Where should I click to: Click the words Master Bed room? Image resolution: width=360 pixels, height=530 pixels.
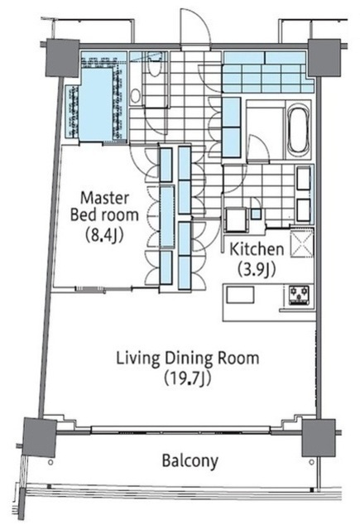pos(105,206)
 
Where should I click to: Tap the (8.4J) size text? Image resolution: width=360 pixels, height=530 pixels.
pos(104,235)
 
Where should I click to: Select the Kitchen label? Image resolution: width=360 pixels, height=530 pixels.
pos(257,249)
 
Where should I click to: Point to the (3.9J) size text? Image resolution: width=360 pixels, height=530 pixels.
pos(257,269)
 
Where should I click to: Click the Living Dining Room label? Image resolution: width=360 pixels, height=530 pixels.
pos(188,359)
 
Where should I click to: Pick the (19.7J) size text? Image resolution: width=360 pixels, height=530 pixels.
pos(188,378)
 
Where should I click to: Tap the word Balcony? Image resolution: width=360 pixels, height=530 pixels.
pos(190,461)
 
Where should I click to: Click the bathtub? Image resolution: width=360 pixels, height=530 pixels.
pos(298,129)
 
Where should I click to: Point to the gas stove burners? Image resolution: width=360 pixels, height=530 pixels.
pos(300,296)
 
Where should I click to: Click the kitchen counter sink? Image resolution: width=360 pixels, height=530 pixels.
pos(240,295)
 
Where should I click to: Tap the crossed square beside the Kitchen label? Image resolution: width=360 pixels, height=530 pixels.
pos(302,244)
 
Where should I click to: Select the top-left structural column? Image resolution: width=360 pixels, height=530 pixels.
pos(62,58)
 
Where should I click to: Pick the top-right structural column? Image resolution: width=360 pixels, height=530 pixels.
pos(324,57)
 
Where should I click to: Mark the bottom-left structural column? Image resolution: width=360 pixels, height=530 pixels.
pos(40,438)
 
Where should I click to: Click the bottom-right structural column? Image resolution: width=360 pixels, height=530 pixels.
pos(319,438)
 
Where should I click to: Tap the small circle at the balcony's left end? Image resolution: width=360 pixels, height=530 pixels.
pos(50,462)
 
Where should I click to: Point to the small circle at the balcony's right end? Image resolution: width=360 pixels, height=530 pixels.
pos(311,462)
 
